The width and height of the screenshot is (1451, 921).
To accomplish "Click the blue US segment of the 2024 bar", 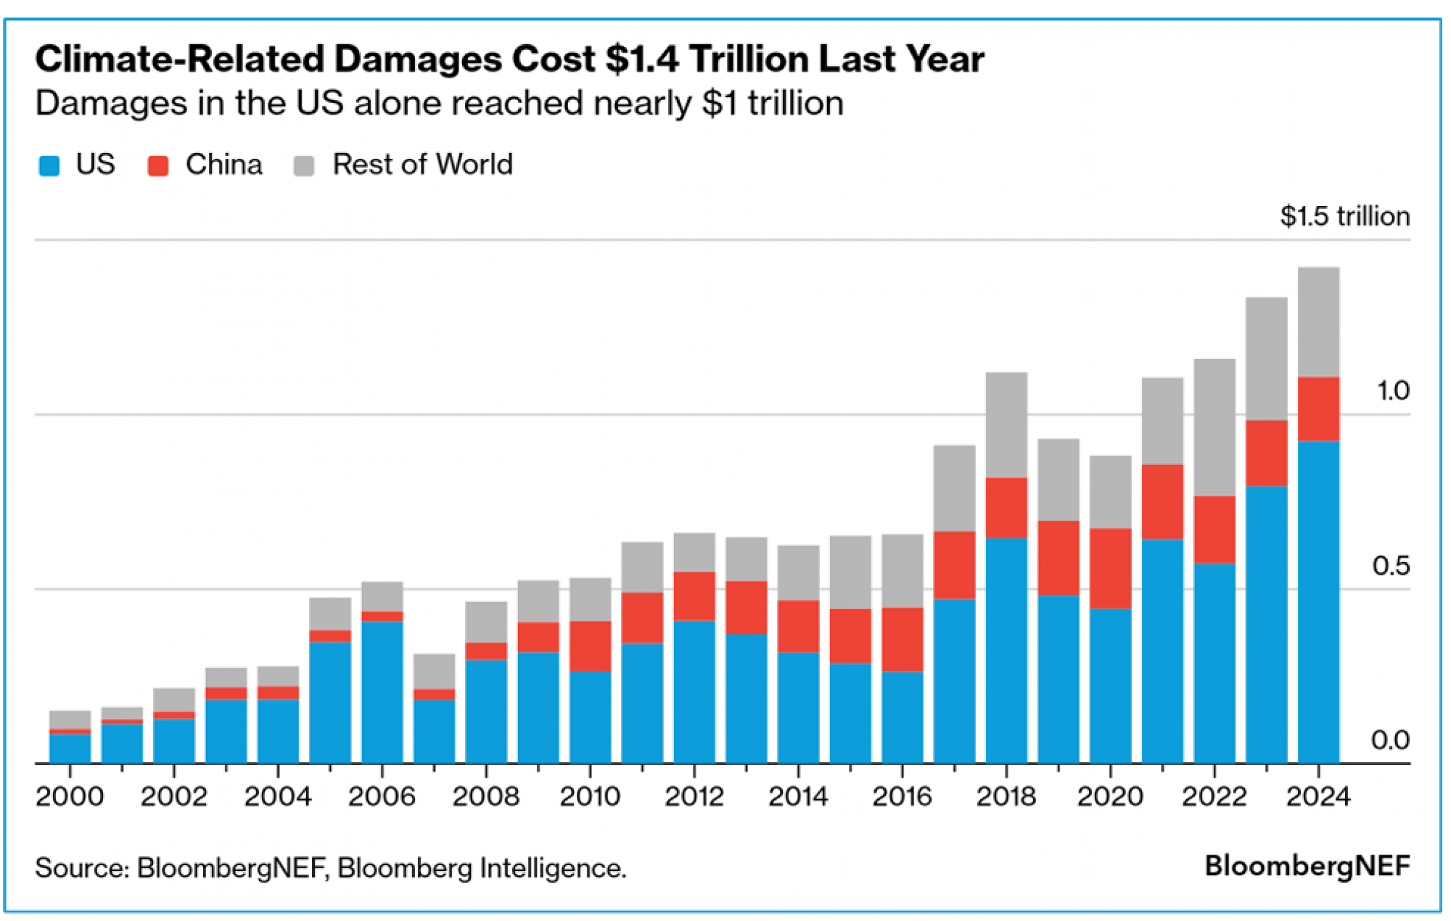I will (1318, 602).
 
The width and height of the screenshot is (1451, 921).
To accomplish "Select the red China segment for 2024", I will (1318, 409).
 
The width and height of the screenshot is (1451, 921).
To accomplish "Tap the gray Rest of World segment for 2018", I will (1006, 425).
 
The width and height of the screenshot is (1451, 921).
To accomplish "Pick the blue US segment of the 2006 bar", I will (382, 692).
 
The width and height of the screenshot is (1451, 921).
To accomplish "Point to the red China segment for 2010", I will (590, 645).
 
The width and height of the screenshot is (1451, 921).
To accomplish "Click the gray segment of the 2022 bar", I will (1214, 428).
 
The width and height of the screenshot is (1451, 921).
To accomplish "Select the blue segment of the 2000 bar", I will (70, 748).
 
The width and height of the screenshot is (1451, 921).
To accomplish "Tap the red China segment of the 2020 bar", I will (1110, 568).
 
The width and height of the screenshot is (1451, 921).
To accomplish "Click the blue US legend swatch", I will (49, 165).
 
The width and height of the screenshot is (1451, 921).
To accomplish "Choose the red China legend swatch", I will (158, 165).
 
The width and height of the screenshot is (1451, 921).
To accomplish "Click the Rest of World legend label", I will (422, 165).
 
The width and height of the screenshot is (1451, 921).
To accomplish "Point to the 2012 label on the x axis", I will (694, 796).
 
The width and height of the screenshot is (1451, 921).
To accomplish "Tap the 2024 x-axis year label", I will (1318, 796).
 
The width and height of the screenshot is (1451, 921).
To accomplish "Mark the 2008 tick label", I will (486, 796).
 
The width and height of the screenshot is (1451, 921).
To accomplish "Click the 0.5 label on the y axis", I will (1391, 566).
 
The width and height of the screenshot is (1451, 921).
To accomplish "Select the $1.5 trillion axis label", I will (1344, 216).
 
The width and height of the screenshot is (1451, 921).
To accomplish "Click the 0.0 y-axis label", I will (1390, 740).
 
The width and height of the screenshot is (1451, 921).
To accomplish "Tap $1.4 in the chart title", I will (642, 59).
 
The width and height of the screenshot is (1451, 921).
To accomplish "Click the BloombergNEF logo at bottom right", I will (1307, 866).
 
